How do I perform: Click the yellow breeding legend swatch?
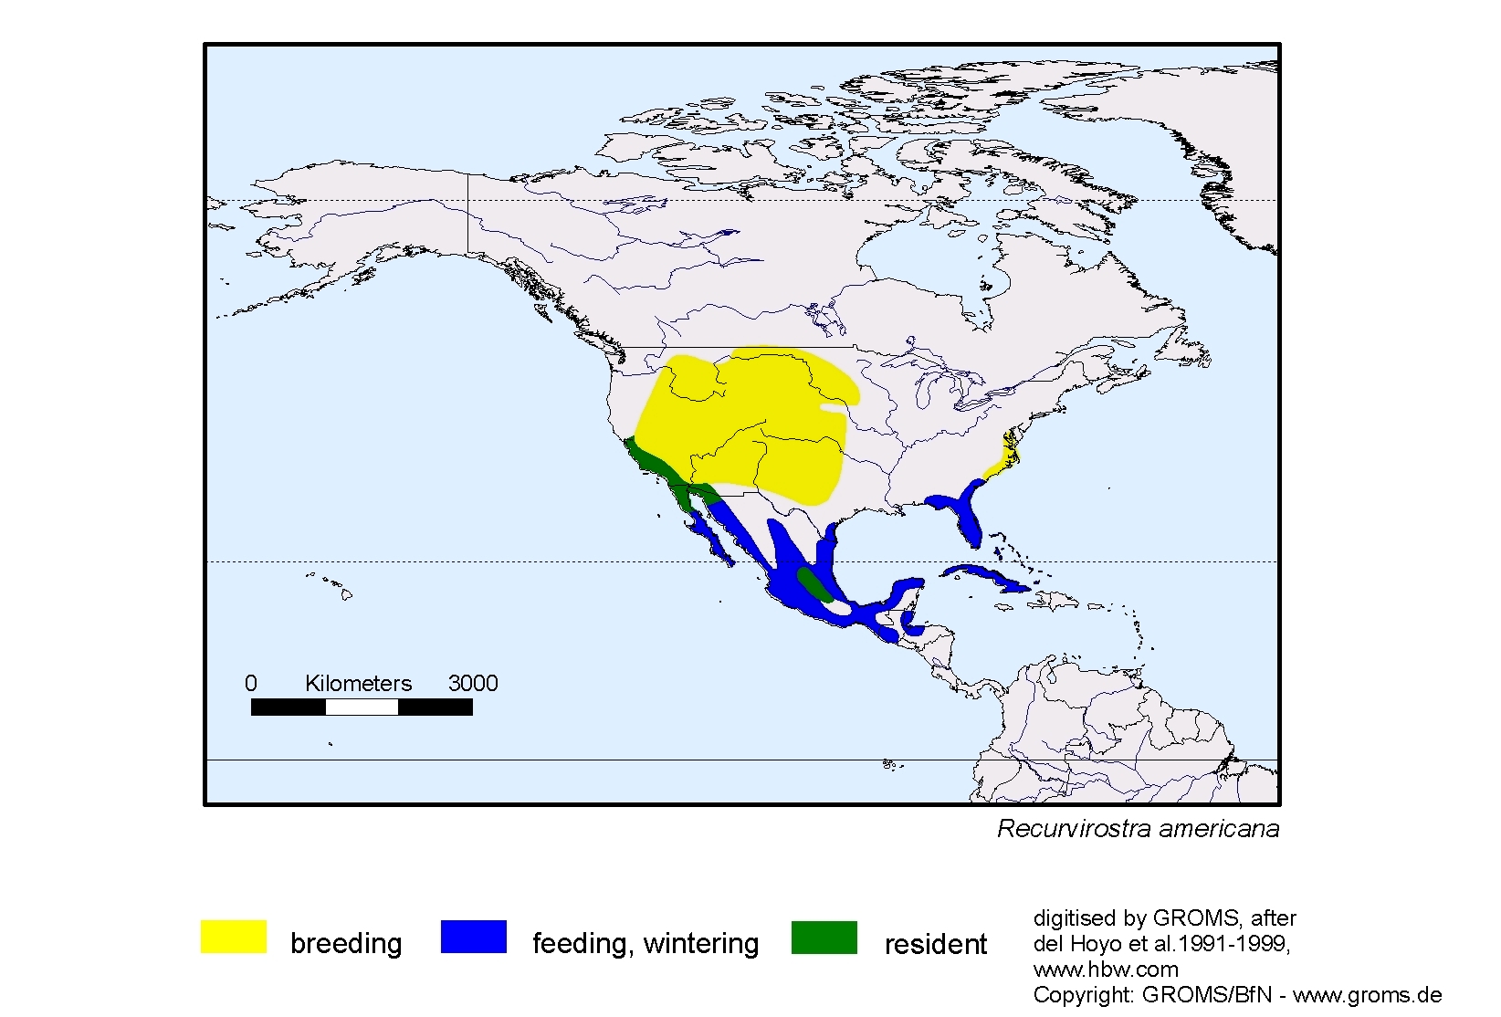click(234, 937)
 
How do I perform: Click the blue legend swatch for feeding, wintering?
click(473, 937)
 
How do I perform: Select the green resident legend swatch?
click(824, 937)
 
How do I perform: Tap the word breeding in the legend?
click(346, 943)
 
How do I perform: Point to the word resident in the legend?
click(935, 944)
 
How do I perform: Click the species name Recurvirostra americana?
click(1138, 829)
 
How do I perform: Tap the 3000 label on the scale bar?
click(472, 683)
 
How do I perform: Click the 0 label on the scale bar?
click(251, 683)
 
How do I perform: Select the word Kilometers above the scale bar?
click(358, 683)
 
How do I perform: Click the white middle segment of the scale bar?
click(362, 707)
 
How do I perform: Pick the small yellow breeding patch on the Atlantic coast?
click(1002, 459)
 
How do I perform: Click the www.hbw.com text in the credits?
click(1106, 969)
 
